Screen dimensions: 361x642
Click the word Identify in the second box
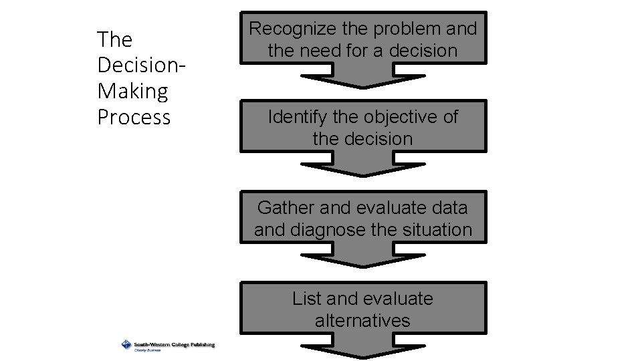tap(298, 117)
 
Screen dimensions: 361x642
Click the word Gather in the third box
tap(286, 208)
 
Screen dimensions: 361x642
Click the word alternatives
tap(362, 321)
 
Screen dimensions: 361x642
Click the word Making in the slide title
tap(132, 91)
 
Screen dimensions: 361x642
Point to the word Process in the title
tap(134, 117)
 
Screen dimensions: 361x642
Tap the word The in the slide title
tap(114, 39)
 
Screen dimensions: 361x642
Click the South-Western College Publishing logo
tap(168, 345)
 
